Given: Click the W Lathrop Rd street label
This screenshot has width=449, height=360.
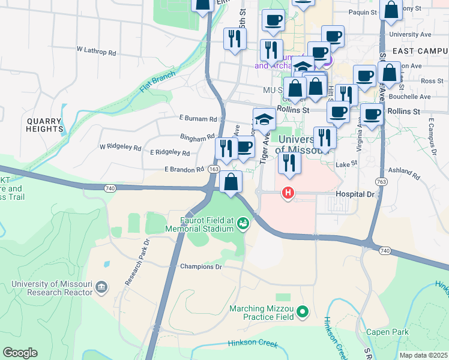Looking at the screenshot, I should [x=97, y=52].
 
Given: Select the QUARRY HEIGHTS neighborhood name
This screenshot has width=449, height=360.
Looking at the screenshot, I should [x=45, y=124].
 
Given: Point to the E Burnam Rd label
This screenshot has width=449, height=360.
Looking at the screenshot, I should [x=197, y=119].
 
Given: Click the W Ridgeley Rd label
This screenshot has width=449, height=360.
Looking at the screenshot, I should [x=120, y=146].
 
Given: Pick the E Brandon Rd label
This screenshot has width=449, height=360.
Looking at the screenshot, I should [x=184, y=170].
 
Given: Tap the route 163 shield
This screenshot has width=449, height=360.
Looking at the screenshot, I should [x=213, y=170].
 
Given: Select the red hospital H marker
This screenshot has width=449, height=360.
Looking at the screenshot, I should [x=288, y=192].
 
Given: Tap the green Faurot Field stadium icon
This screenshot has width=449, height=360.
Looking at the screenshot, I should [x=243, y=224].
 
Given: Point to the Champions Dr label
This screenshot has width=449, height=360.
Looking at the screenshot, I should [x=201, y=266].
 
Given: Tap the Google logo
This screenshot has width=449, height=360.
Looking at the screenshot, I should [x=20, y=353].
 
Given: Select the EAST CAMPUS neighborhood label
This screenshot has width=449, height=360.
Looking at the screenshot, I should [x=418, y=52].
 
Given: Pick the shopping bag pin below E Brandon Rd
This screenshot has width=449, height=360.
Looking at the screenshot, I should [x=231, y=181].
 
